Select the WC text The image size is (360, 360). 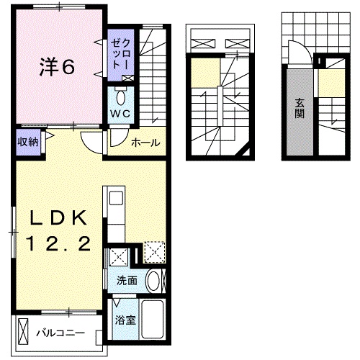(119, 113)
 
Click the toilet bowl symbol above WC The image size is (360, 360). (120, 97)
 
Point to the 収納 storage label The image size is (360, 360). (28, 141)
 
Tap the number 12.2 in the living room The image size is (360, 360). (60, 246)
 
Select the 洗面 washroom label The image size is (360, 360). (127, 280)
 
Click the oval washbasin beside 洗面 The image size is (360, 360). (153, 281)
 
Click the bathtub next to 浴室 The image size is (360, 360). (153, 318)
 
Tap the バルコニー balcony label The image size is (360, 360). (60, 333)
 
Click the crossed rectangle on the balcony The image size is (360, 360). (24, 332)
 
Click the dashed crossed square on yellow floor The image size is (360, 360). (154, 251)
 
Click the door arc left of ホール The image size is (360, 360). (92, 140)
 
